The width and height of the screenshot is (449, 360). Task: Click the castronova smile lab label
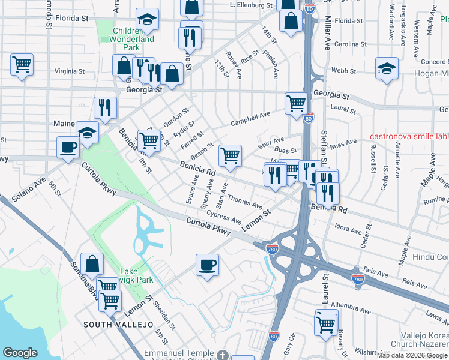(409, 136)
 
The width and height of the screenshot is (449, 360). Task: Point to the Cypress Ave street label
(223, 217)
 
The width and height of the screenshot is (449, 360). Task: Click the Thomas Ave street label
(245, 202)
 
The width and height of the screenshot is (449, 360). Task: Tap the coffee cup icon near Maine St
(67, 147)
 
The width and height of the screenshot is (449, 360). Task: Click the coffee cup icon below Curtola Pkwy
(207, 265)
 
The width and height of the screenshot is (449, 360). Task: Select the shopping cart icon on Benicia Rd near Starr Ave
(230, 156)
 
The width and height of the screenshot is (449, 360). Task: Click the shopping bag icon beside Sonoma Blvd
(92, 263)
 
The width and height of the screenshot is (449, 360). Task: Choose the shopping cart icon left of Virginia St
(22, 64)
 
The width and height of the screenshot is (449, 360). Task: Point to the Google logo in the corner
(20, 353)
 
